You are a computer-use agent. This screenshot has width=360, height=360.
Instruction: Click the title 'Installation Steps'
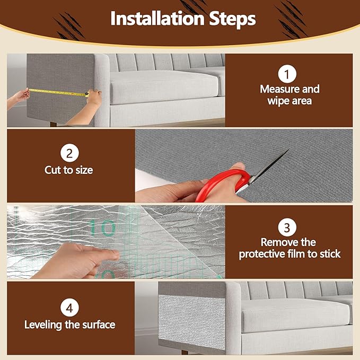pyautogui.click(x=183, y=19)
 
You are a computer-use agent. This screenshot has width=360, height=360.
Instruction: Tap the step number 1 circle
pyautogui.click(x=286, y=74)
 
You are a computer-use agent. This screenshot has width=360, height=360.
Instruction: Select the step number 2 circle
pyautogui.click(x=69, y=154)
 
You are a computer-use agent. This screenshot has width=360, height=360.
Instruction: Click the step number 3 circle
pyautogui.click(x=286, y=228)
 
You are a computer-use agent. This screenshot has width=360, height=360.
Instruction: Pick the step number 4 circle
pyautogui.click(x=69, y=308)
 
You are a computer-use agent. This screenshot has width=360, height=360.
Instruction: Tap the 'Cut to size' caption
pyautogui.click(x=69, y=171)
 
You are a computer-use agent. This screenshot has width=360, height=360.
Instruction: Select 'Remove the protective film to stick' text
pyautogui.click(x=289, y=248)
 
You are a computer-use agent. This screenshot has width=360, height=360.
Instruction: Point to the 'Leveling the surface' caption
pyautogui.click(x=69, y=324)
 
